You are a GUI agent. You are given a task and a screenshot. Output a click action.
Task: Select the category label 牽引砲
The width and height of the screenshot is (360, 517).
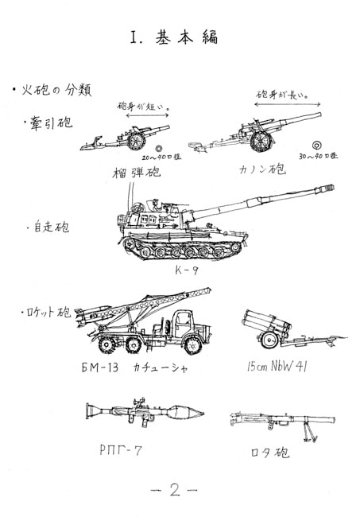point(49,122)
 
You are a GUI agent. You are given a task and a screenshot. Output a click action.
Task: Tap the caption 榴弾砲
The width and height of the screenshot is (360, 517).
point(137,171)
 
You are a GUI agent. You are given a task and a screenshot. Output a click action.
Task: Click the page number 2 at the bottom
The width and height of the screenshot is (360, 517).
point(176,491)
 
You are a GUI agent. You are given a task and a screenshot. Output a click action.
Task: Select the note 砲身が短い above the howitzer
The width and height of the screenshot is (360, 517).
point(145,105)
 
